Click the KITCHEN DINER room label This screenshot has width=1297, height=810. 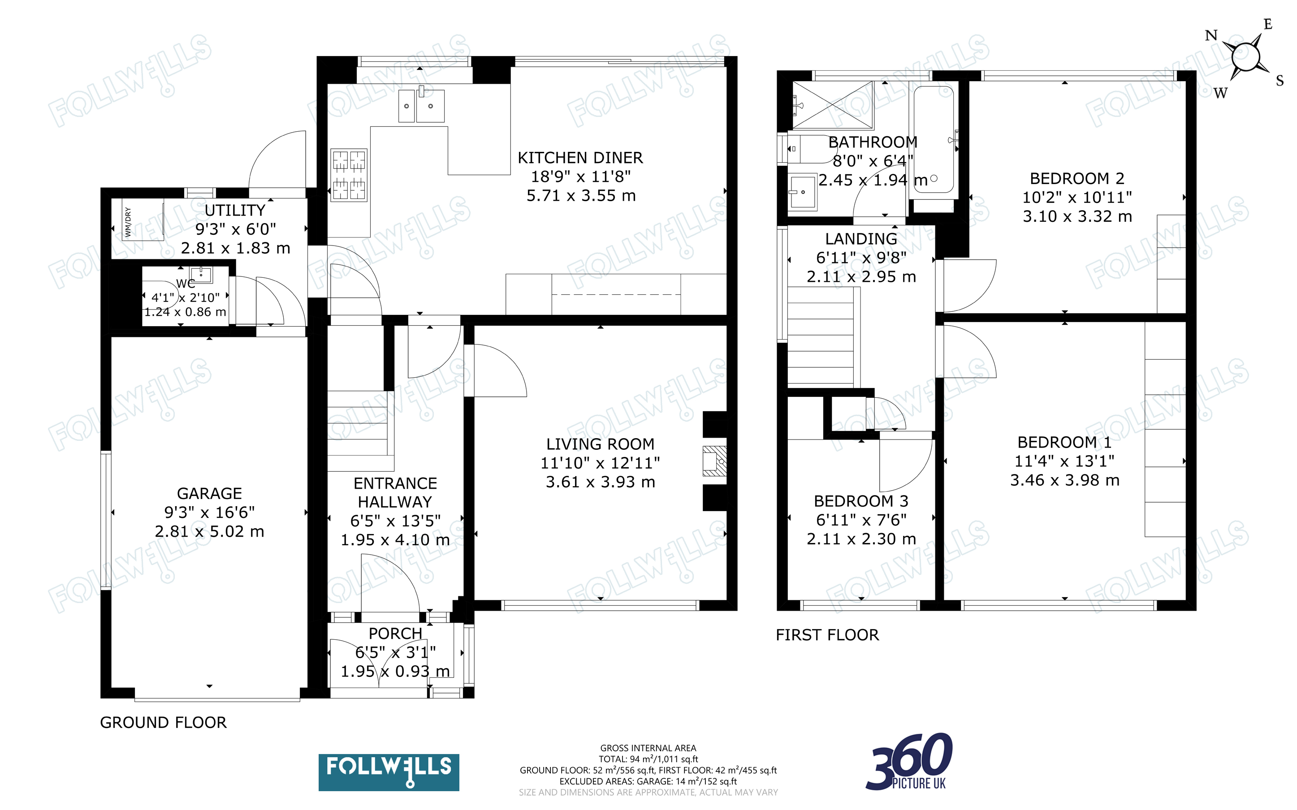click(x=580, y=158)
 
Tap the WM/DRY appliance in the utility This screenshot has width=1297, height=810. click(x=143, y=220)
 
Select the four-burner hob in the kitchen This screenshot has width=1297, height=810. click(x=349, y=175)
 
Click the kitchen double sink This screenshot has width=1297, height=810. click(x=422, y=105)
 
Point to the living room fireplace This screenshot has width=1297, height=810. click(x=715, y=461)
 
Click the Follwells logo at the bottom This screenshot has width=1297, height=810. click(x=389, y=772)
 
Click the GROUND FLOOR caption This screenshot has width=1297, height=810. click(x=164, y=723)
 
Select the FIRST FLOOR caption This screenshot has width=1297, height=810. click(x=827, y=635)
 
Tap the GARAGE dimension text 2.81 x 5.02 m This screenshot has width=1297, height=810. click(x=209, y=531)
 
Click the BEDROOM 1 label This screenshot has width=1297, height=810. click(x=1064, y=443)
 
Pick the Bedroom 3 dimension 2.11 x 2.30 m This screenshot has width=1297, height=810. click(x=861, y=539)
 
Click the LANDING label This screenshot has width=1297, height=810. click(x=861, y=239)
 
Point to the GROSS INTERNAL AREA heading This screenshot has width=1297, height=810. click(x=648, y=748)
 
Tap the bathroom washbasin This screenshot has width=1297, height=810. click(x=803, y=192)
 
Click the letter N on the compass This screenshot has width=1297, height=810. click(x=1211, y=36)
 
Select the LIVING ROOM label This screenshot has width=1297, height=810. click(x=600, y=444)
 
